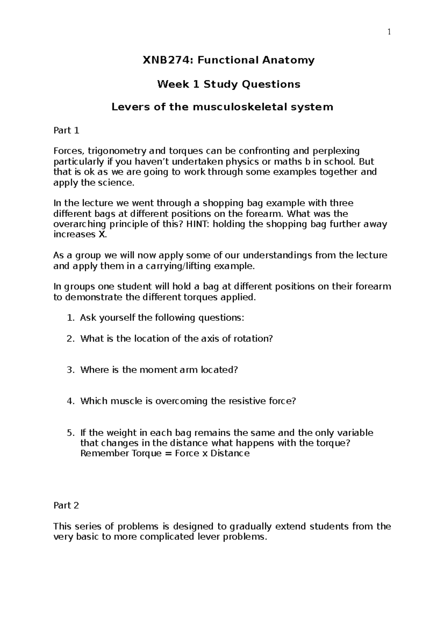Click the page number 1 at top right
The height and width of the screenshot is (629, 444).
pos(389,32)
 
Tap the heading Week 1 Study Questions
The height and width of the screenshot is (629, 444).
pos(229,84)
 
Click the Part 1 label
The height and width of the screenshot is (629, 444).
pos(66,130)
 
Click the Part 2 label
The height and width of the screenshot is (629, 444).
pos(66,506)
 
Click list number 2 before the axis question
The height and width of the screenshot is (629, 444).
pos(70,339)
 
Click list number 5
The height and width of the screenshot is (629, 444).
pos(70,433)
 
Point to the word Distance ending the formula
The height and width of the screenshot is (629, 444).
pos(230,453)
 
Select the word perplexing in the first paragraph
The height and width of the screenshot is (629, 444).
pos(336,151)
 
